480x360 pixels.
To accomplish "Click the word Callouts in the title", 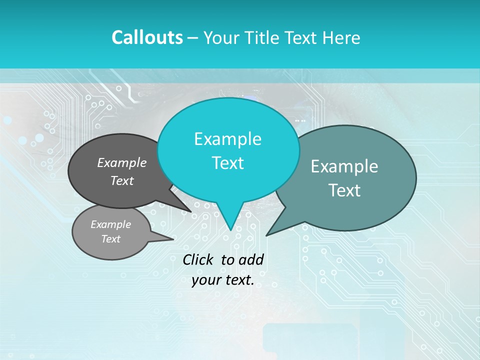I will pos(147,37).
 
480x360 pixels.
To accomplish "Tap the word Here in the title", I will pos(342,37).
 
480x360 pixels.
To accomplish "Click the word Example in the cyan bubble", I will pos(227,139).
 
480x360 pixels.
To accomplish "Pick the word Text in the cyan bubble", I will pos(227,163).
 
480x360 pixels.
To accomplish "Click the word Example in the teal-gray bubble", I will pos(344,166).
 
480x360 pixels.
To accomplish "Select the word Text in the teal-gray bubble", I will pos(344,190).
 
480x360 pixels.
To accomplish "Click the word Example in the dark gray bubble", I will pos(122,162).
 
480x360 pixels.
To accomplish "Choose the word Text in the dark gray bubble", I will pos(122,180).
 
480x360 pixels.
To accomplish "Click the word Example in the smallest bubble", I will pos(110,224).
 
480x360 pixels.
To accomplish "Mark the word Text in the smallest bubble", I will pos(110,239).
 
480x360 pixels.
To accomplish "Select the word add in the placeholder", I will pos(250,259).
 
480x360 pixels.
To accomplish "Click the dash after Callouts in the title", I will pos(193,38).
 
